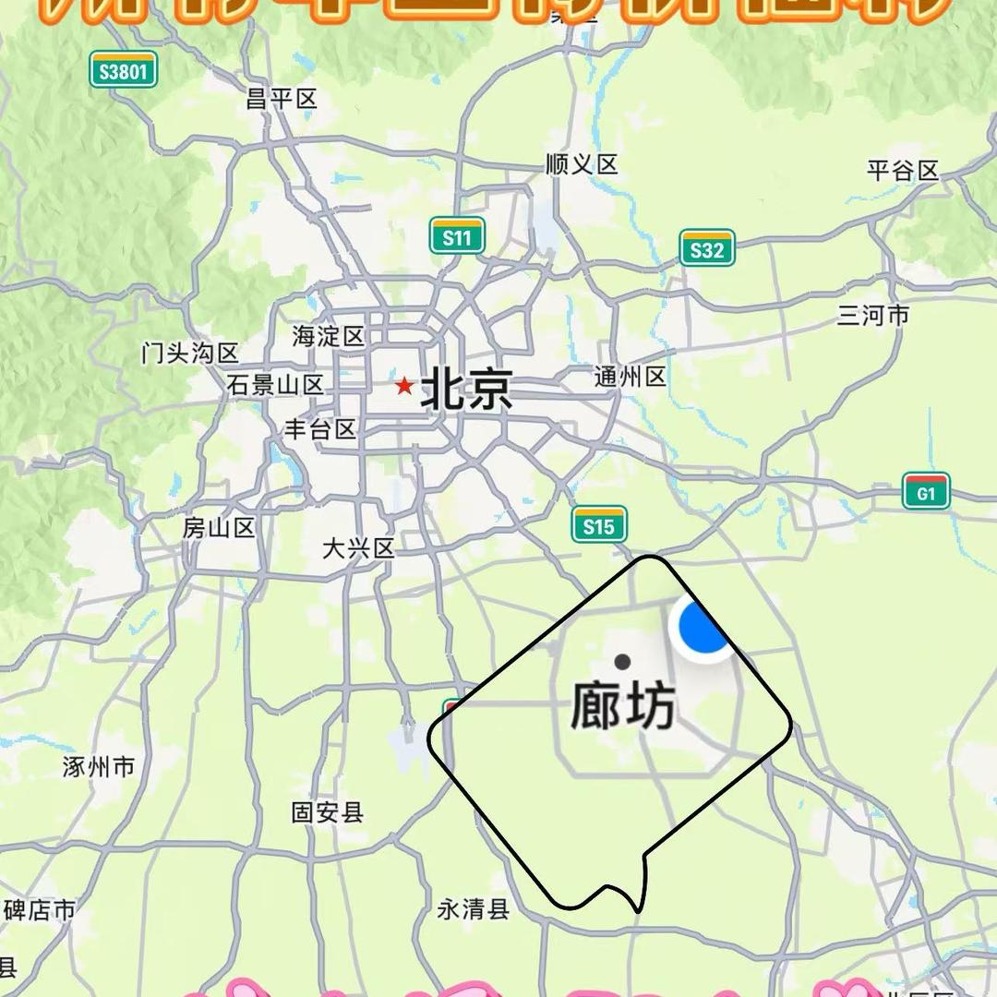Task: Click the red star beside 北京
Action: click(x=403, y=385)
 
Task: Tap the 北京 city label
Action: click(x=466, y=389)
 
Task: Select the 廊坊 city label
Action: click(x=623, y=708)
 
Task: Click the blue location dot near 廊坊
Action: click(x=704, y=627)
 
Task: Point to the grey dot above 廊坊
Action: click(x=622, y=661)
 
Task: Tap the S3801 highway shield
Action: click(x=124, y=70)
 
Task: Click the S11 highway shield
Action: click(x=457, y=237)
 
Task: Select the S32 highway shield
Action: click(x=707, y=248)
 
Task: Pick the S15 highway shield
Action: click(x=599, y=525)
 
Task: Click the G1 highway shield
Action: click(x=926, y=492)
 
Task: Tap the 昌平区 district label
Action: click(x=282, y=99)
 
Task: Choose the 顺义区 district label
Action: click(x=582, y=165)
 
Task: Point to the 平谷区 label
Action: click(x=902, y=171)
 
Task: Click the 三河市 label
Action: click(x=873, y=316)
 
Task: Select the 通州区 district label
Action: click(x=630, y=377)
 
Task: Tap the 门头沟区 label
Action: click(x=190, y=353)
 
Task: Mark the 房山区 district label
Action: click(x=219, y=528)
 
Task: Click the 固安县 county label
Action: click(x=328, y=812)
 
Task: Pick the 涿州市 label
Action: click(x=99, y=766)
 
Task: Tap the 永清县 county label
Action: click(x=474, y=909)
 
